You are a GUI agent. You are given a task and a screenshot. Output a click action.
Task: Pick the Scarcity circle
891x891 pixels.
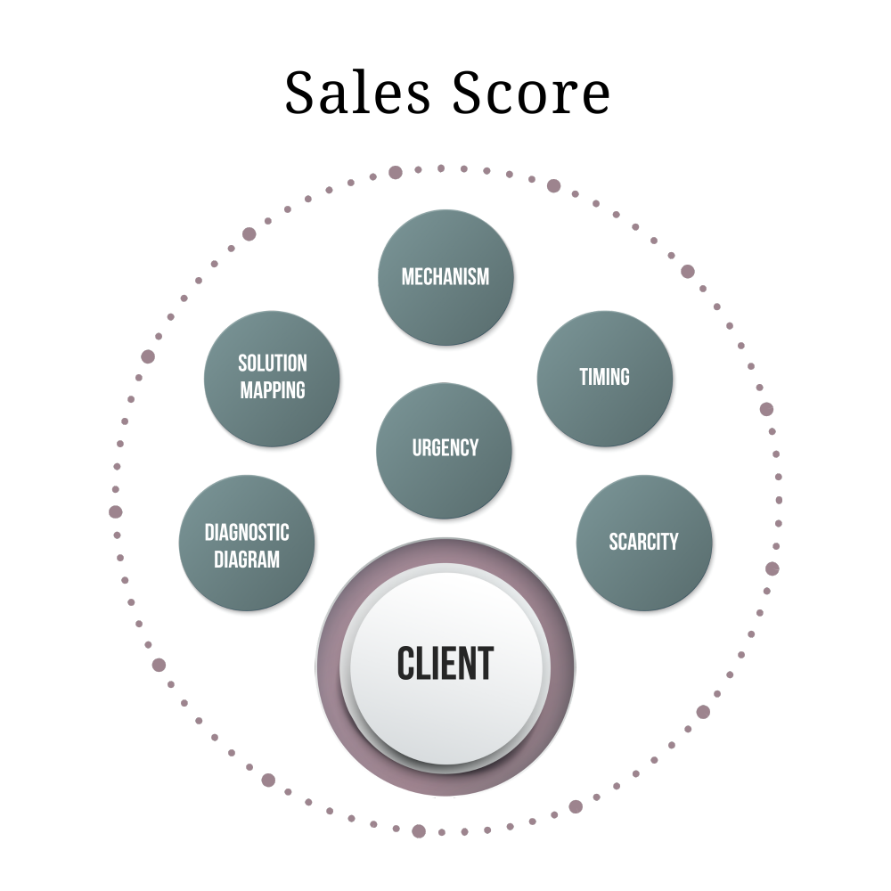pos(644,570)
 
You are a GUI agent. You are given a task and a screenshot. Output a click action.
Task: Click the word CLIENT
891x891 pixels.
pos(445,664)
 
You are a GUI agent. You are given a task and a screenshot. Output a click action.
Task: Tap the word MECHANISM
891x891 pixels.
pos(445,276)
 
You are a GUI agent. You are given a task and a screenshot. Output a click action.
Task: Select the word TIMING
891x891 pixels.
pos(605,377)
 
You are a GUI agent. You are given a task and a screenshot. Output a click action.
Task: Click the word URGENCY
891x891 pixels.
pos(445,447)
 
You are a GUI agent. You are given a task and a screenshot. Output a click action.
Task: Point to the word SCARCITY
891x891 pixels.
pos(644,542)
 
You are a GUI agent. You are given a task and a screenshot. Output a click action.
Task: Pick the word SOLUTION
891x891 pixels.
pos(273,364)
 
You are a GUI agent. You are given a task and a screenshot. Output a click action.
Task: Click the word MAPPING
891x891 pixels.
pos(273,390)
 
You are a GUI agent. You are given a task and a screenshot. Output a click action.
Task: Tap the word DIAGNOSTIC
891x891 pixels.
pos(248,533)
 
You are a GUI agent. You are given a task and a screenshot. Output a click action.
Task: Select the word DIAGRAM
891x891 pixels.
pos(248,560)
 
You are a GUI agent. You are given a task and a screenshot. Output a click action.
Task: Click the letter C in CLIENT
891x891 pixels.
pos(406,664)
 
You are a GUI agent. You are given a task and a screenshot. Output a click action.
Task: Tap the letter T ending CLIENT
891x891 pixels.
pos(485,664)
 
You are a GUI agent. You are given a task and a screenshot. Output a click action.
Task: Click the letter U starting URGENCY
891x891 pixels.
pos(417,447)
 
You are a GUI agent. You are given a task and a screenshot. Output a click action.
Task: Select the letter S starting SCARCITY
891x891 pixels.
pos(614,542)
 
